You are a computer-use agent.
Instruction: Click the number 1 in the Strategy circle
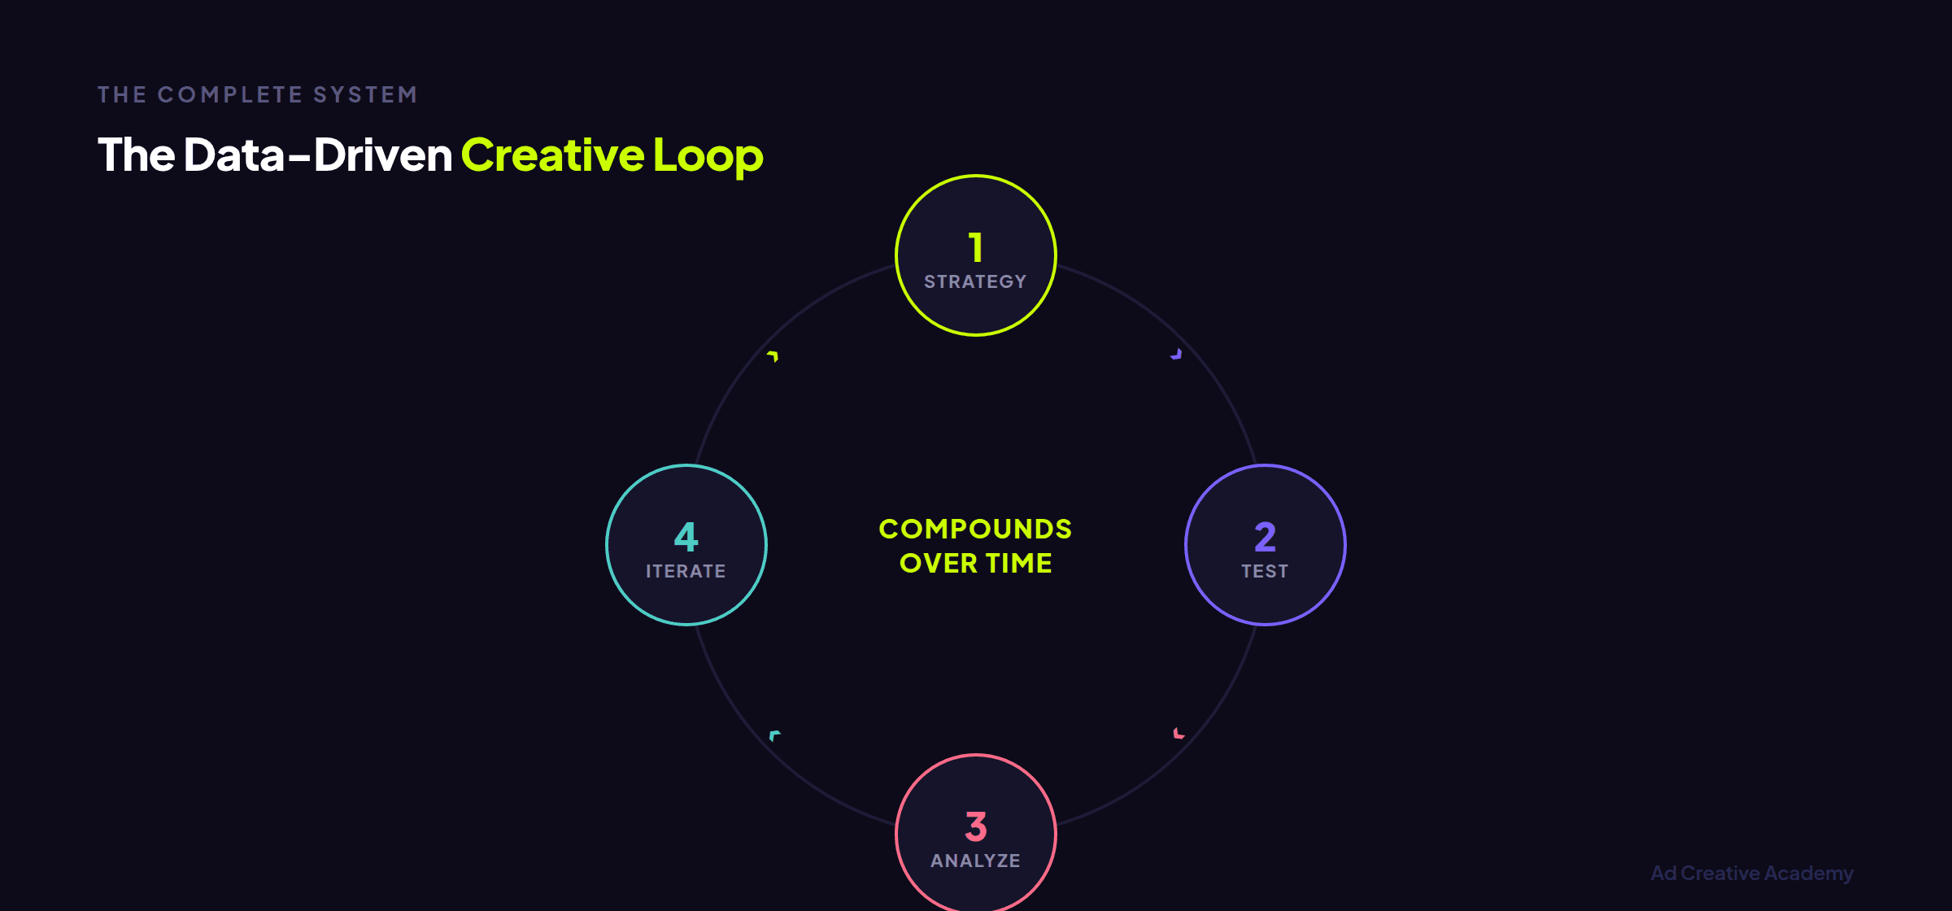[x=976, y=247]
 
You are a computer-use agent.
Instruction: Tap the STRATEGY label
[x=975, y=281]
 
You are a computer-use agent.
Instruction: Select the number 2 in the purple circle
[x=1265, y=537]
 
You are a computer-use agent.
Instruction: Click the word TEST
[x=1265, y=571]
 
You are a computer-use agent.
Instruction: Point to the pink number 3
[x=976, y=826]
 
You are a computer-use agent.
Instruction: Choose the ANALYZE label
[x=975, y=861]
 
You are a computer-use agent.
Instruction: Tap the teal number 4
[x=686, y=537]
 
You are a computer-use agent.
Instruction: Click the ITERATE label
[x=686, y=571]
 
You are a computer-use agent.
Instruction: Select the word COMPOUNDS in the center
[x=975, y=529]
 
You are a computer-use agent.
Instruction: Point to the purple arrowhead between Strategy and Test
[x=1176, y=355]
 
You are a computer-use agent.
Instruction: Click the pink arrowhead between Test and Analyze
[x=1179, y=734]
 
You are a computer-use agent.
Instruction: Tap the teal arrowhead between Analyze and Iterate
[x=774, y=735]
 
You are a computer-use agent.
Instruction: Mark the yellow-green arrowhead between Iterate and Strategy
[x=773, y=355]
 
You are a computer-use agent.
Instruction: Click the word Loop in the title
[x=708, y=155]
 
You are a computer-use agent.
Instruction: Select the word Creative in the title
[x=553, y=155]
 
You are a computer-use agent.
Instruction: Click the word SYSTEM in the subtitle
[x=365, y=95]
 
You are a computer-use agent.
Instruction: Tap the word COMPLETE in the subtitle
[x=230, y=95]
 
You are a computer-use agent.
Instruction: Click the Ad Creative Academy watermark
[x=1752, y=873]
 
